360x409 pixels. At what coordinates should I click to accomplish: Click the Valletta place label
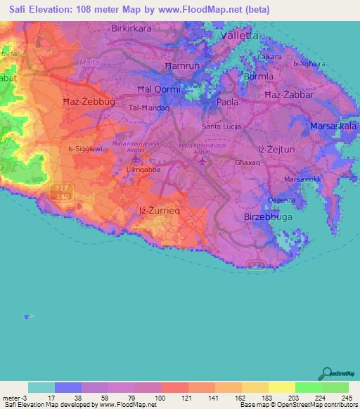coord(240,34)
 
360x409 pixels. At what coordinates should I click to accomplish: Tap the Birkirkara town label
coord(134,29)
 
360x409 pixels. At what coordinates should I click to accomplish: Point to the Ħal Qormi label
coord(160,89)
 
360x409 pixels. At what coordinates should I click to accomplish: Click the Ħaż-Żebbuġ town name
coord(89,102)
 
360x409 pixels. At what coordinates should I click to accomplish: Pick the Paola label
coord(228,102)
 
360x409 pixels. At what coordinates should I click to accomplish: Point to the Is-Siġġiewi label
coord(85,149)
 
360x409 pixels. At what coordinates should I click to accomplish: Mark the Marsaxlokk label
coord(303,180)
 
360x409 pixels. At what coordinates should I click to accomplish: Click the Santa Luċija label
coord(221,126)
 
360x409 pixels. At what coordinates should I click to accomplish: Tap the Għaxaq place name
coord(247,162)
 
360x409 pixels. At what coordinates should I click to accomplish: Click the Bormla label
coord(257,75)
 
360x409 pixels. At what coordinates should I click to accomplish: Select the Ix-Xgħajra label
coord(309,64)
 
